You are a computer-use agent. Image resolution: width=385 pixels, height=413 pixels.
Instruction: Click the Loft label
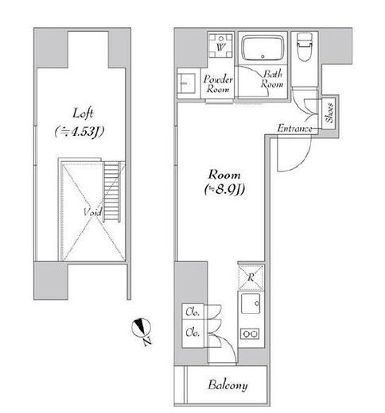pyautogui.click(x=83, y=114)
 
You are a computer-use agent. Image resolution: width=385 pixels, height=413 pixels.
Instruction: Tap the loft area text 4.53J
pyautogui.click(x=79, y=132)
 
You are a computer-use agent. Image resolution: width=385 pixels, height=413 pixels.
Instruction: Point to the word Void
pyautogui.click(x=93, y=212)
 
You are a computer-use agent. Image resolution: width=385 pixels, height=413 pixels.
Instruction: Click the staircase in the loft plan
pyautogui.click(x=111, y=192)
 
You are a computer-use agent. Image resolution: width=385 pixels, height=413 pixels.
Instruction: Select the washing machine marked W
pyautogui.click(x=220, y=46)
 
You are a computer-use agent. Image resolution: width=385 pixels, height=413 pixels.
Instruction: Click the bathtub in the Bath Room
pyautogui.click(x=262, y=48)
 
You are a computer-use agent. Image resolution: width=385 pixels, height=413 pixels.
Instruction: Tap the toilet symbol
pyautogui.click(x=304, y=47)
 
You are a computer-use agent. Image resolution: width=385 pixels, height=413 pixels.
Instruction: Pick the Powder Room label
pyautogui.click(x=218, y=84)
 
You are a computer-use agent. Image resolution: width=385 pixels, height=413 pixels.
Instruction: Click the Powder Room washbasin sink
pyautogui.click(x=187, y=83)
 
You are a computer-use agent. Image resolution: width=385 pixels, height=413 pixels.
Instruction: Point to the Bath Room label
pyautogui.click(x=272, y=79)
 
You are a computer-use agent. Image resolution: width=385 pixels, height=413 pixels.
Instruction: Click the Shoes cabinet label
pyautogui.click(x=329, y=113)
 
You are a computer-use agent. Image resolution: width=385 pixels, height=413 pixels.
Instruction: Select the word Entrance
pyautogui.click(x=294, y=129)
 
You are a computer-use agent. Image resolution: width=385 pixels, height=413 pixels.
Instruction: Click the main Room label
pyautogui.click(x=224, y=175)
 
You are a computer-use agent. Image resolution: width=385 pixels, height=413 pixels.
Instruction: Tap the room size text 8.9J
pyautogui.click(x=224, y=189)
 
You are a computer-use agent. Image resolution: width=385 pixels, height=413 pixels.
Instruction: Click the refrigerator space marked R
pyautogui.click(x=251, y=277)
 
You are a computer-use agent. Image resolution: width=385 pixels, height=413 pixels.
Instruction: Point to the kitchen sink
pyautogui.click(x=251, y=303)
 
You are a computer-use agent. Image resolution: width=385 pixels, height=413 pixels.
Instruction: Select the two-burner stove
pyautogui.click(x=250, y=334)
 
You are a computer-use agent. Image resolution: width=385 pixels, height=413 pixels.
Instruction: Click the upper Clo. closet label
pyautogui.click(x=192, y=312)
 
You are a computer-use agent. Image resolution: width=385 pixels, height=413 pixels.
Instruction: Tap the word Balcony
pyautogui.click(x=227, y=385)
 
